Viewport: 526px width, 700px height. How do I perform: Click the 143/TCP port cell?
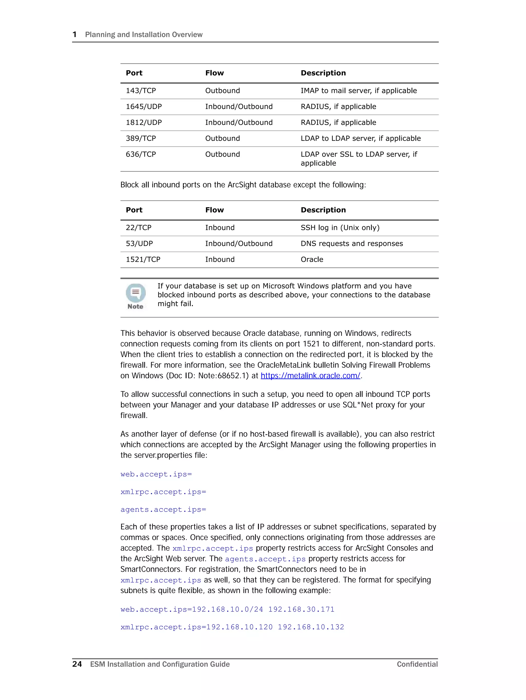coord(141,91)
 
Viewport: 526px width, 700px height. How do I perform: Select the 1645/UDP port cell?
coord(144,107)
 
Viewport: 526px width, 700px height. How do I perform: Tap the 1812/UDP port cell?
coord(144,123)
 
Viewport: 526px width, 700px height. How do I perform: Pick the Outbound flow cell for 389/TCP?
coord(222,138)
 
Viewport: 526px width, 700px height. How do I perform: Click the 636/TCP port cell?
coord(141,154)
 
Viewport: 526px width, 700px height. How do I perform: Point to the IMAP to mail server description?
coord(359,91)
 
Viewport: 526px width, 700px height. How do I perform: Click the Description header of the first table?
coord(323,73)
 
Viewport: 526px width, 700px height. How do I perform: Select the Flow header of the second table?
coord(214,210)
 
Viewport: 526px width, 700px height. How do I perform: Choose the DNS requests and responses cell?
coord(352,244)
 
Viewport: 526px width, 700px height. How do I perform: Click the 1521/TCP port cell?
coord(143,259)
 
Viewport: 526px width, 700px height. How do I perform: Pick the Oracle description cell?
coord(312,259)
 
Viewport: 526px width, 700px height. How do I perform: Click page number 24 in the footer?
coord(77,664)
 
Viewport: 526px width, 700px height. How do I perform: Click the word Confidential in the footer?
coord(417,664)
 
